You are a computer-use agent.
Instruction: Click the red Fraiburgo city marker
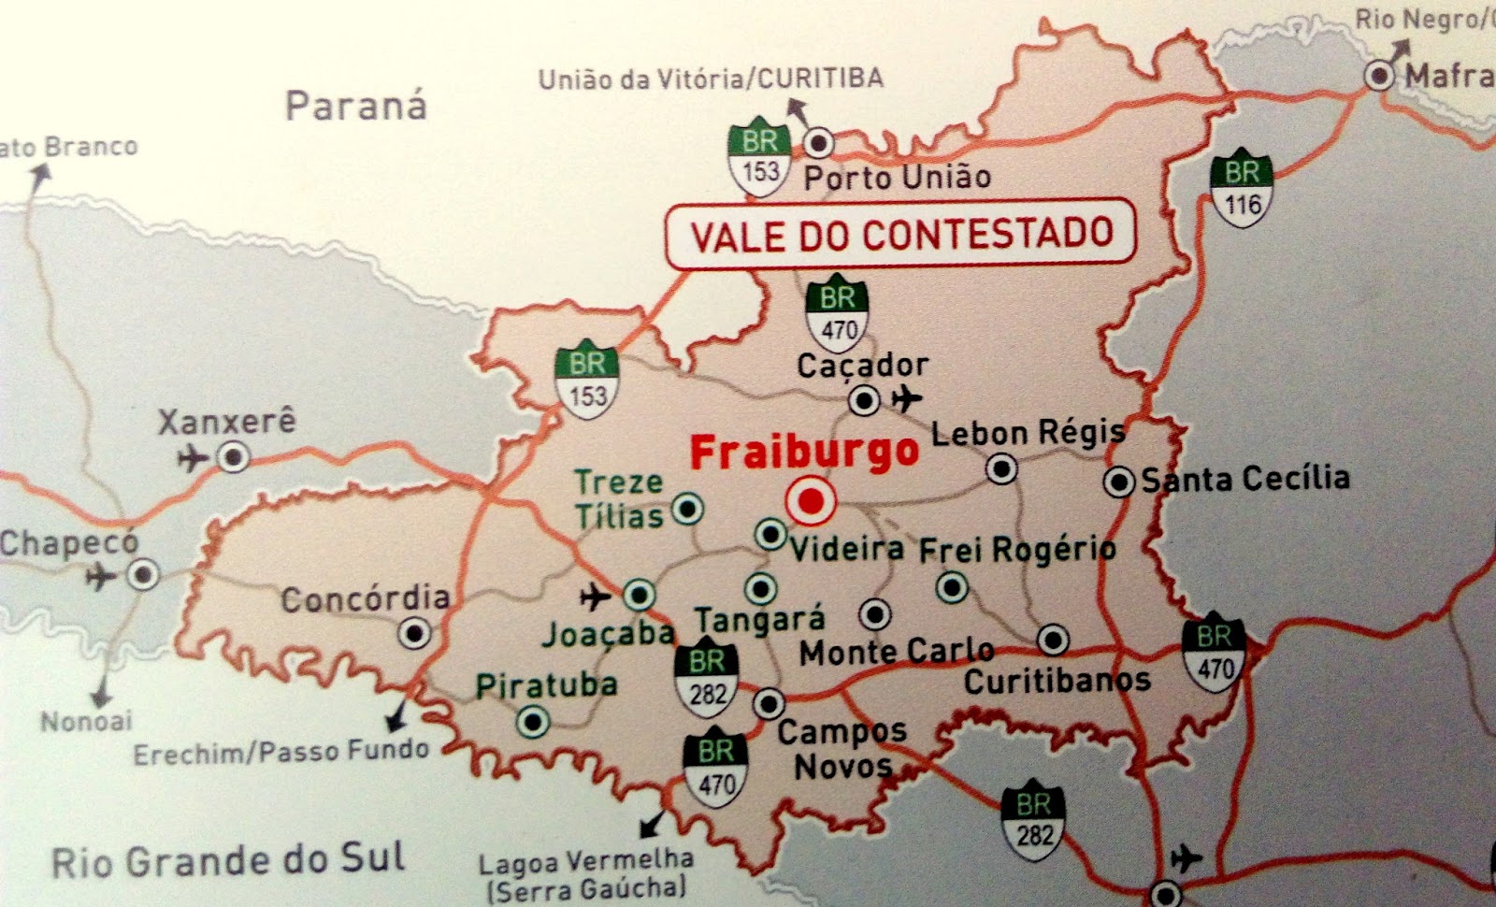[x=810, y=502]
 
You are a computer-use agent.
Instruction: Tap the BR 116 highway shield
[x=1242, y=188]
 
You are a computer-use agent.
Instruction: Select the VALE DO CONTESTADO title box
[x=900, y=236]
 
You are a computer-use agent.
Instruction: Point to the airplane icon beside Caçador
[x=905, y=399]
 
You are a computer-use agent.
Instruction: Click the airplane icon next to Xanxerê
[x=193, y=458]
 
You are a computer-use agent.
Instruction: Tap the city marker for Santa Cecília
[x=1118, y=482]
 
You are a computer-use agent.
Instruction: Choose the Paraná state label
[x=355, y=106]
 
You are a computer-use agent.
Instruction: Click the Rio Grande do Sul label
[x=228, y=860]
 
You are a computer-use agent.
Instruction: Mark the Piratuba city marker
[x=534, y=721]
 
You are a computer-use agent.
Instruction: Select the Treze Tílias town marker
[x=688, y=509]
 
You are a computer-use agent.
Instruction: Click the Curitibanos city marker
[x=1053, y=640]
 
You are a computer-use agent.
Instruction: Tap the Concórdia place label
[x=366, y=598]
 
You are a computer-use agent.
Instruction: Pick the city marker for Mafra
[x=1379, y=75]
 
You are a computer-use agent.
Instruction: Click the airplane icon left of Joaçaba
[x=595, y=595]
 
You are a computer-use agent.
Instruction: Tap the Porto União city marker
[x=820, y=143]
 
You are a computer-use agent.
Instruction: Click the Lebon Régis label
[x=1028, y=433]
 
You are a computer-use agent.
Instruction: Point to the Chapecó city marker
[x=143, y=574]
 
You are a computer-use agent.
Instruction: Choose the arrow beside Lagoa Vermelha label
[x=651, y=824]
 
